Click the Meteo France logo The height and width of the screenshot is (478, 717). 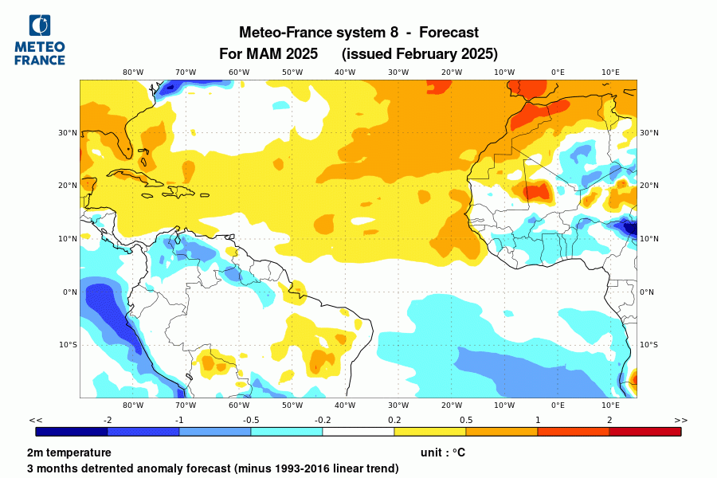pyautogui.click(x=39, y=40)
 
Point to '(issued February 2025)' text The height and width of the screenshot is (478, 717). pyautogui.click(x=420, y=54)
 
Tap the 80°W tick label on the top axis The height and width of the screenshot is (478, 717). pyautogui.click(x=133, y=72)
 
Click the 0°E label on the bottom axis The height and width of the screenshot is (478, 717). pyautogui.click(x=558, y=405)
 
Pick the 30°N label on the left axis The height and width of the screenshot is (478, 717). pyautogui.click(x=69, y=133)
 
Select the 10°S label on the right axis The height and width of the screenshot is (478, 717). pyautogui.click(x=648, y=345)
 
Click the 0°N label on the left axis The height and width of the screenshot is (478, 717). pyautogui.click(x=70, y=292)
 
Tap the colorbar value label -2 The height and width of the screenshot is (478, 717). pyautogui.click(x=107, y=420)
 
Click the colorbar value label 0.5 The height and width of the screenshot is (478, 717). pyautogui.click(x=466, y=420)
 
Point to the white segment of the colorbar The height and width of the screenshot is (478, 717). pyautogui.click(x=358, y=432)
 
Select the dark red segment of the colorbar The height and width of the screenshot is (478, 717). pyautogui.click(x=645, y=432)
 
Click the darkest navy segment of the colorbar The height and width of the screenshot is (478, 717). pyautogui.click(x=72, y=432)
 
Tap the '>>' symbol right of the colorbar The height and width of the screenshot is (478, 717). pyautogui.click(x=680, y=420)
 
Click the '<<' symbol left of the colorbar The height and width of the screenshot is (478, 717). pyautogui.click(x=36, y=420)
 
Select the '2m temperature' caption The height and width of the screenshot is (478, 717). pyautogui.click(x=69, y=453)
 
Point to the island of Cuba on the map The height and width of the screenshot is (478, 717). pyautogui.click(x=127, y=174)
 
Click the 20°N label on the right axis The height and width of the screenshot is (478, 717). pyautogui.click(x=648, y=186)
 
